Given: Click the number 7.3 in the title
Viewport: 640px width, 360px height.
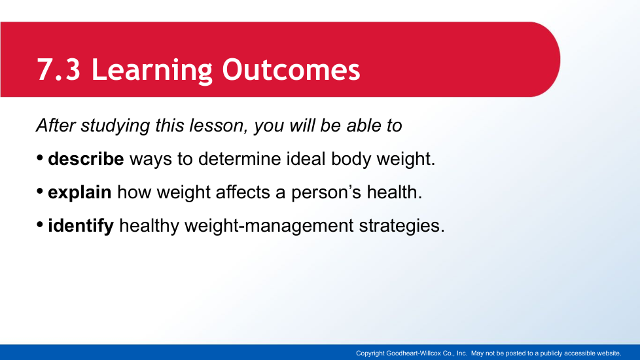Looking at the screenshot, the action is (x=59, y=69).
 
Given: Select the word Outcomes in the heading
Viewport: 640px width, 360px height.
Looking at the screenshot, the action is (x=291, y=69).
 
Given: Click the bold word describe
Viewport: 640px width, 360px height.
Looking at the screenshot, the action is (x=86, y=159).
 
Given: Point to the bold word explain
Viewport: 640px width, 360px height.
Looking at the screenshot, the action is (x=80, y=192).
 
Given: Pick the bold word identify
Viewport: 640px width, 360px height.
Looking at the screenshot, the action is (x=80, y=226).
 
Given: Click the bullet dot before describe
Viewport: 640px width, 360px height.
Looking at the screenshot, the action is (x=40, y=158).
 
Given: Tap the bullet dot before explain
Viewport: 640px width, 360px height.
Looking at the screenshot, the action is (x=40, y=191).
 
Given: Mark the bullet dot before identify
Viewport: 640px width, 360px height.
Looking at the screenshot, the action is (x=40, y=225).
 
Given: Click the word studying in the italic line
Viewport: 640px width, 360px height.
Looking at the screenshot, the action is (x=115, y=126).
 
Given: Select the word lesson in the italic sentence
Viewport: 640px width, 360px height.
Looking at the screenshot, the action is (x=219, y=125).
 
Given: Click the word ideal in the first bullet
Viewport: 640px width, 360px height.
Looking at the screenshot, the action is (x=306, y=159).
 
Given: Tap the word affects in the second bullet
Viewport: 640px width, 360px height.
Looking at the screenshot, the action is (x=242, y=192).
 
